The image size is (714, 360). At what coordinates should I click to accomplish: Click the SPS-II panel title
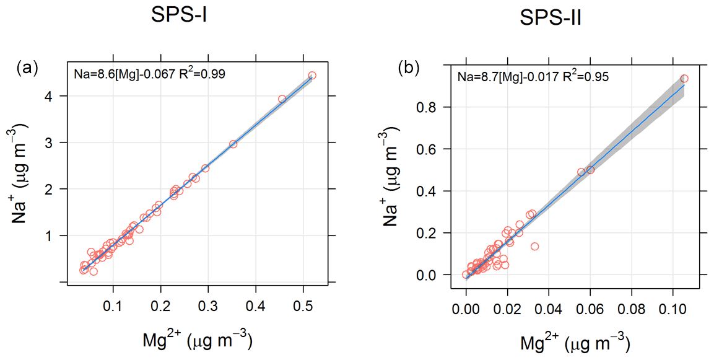point(550,22)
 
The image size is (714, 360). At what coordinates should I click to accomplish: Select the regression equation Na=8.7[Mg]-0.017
point(507,77)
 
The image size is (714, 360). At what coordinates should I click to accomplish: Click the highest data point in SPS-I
point(312,76)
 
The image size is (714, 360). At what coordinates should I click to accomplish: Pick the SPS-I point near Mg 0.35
point(233,144)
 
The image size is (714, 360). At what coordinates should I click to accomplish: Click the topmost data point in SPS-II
point(684,79)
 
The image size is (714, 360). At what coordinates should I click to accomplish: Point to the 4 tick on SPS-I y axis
point(47,96)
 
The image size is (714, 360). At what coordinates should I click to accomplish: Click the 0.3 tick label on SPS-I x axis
point(207,307)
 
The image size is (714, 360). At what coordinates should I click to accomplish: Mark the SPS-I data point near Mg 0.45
point(282,99)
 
